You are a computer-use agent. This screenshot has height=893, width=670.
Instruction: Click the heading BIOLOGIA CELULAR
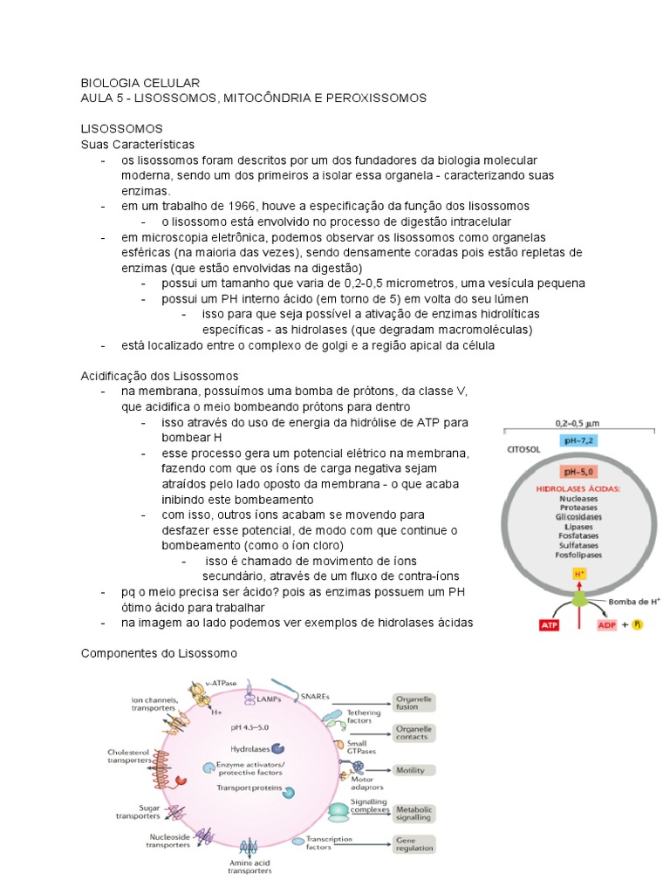[x=140, y=82]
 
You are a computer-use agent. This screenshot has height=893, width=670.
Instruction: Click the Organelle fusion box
[x=414, y=703]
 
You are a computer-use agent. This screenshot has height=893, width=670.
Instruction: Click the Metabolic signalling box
[x=414, y=815]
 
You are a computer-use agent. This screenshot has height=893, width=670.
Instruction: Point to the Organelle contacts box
[x=414, y=733]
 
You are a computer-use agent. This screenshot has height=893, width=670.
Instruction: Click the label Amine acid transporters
[x=250, y=865]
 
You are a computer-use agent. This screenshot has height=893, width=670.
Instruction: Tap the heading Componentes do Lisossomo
[x=159, y=652]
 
